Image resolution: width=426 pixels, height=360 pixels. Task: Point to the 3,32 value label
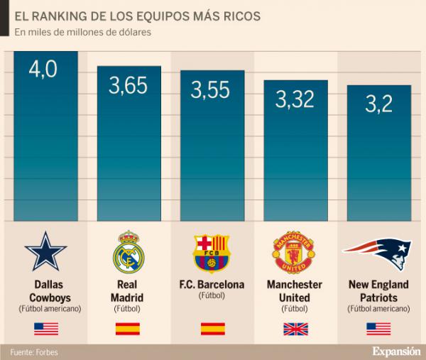(x=295, y=99)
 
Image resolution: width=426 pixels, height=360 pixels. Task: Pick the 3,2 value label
(x=378, y=104)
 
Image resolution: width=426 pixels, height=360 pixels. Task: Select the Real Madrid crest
(x=128, y=252)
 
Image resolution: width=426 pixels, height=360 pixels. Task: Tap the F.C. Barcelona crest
(x=212, y=253)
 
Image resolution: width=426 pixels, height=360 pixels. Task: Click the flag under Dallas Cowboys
(x=46, y=329)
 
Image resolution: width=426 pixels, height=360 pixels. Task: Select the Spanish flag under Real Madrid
(x=128, y=329)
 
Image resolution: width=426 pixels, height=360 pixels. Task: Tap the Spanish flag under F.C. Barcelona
(x=212, y=329)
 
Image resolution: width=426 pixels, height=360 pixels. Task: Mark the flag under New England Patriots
(x=378, y=329)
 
